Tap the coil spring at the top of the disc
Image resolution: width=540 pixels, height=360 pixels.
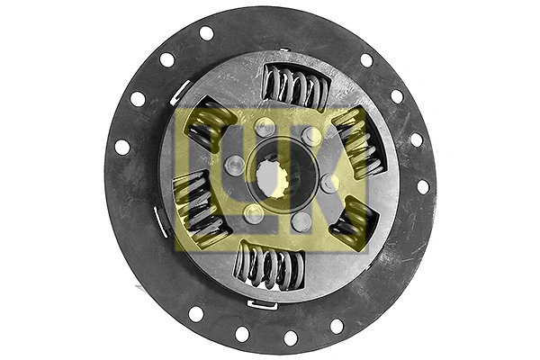click(295, 87)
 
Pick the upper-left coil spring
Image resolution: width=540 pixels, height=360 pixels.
click(210, 123)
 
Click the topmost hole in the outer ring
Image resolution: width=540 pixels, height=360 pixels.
click(206, 33)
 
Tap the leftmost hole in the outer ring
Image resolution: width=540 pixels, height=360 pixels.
click(121, 147)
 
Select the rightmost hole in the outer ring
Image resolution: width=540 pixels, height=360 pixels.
click(423, 186)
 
